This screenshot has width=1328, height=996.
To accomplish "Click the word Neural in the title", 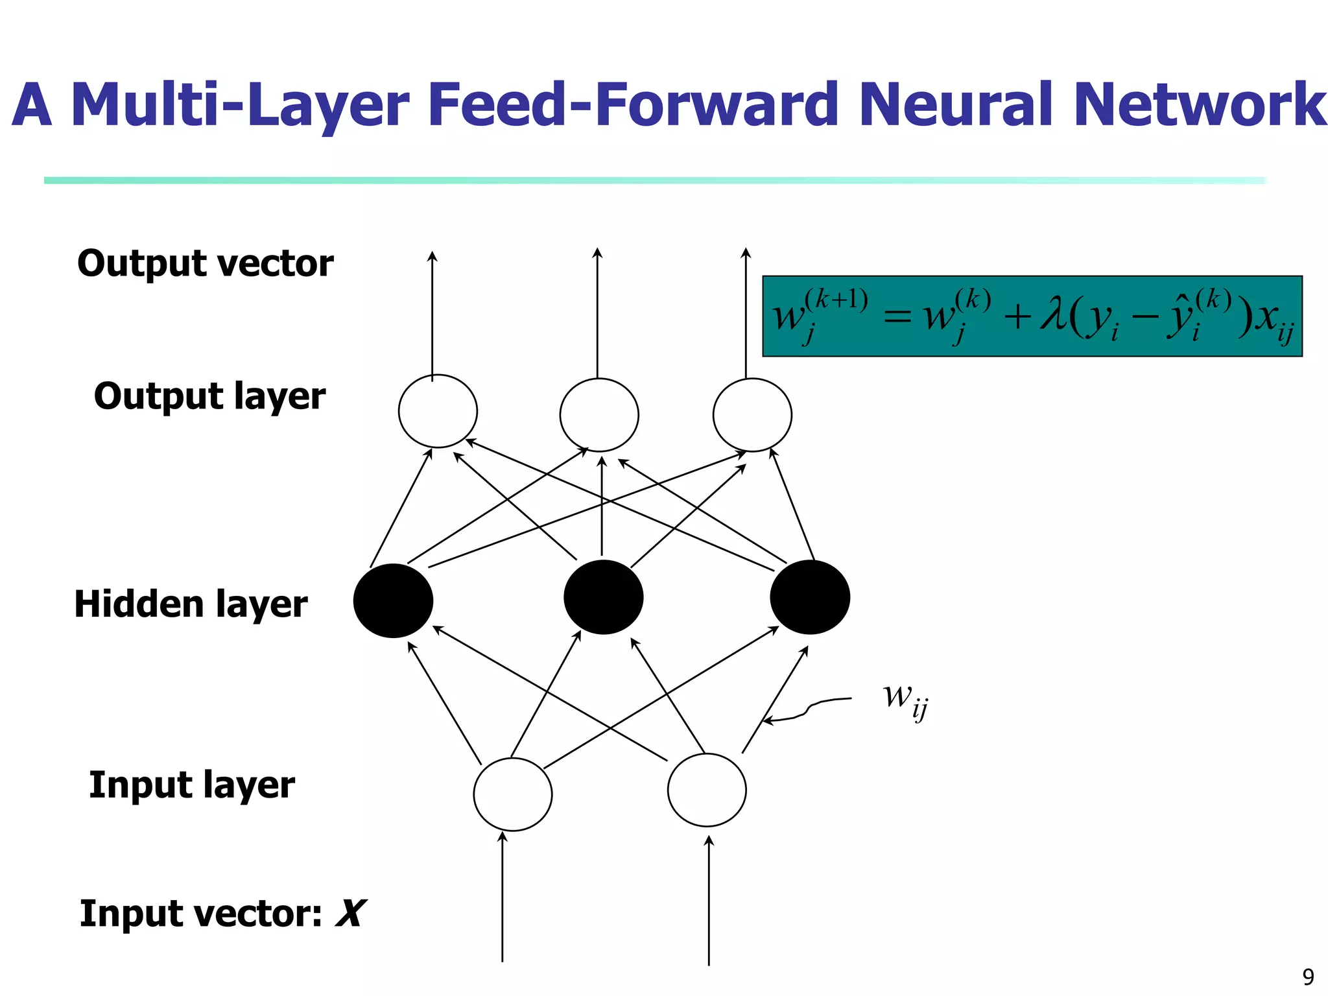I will (x=959, y=105).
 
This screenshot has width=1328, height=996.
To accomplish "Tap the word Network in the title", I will (x=1200, y=105).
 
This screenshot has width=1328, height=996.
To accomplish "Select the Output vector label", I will (x=205, y=264).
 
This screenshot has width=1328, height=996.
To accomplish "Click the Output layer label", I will (x=209, y=396).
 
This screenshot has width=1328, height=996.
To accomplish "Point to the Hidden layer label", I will (x=191, y=604).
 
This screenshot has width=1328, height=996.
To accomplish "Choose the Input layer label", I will (x=192, y=785).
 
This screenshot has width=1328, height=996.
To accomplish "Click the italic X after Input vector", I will (x=351, y=914).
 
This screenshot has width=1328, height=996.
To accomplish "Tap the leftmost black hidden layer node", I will (x=393, y=600).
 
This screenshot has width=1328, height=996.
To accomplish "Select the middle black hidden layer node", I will (x=603, y=597).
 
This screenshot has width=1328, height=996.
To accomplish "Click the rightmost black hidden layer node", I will (x=810, y=597).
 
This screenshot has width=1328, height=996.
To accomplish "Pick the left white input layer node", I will (x=513, y=794).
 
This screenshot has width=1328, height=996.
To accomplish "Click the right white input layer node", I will (x=707, y=790).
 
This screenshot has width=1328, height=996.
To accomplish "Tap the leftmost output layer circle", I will (x=438, y=411).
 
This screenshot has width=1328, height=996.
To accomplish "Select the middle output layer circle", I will (x=599, y=415).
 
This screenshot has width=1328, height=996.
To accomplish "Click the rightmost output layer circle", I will (x=752, y=415).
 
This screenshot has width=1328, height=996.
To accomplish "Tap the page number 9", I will (x=1308, y=977).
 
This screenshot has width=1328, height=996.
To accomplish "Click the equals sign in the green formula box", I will (x=897, y=318).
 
